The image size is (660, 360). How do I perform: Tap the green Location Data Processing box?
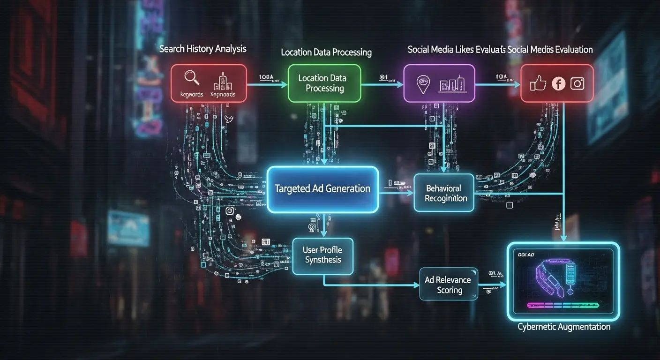(324, 83)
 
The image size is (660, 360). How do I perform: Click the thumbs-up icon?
(538, 83)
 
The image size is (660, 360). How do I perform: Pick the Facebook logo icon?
(558, 83)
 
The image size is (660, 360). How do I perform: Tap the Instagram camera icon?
(577, 83)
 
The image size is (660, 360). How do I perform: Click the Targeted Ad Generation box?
(322, 189)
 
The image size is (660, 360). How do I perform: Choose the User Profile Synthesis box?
(322, 255)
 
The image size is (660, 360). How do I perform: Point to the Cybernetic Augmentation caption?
(564, 327)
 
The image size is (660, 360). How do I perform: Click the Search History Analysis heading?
(202, 49)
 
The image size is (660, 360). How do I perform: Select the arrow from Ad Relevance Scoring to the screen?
(492, 285)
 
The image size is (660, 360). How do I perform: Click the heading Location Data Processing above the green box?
(326, 52)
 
